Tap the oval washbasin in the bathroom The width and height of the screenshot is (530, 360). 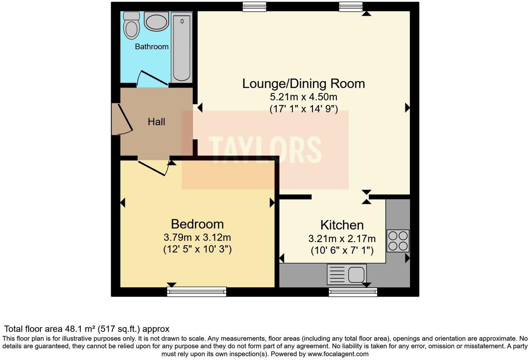tap(156, 22)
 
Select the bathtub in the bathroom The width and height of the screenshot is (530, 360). tap(182, 47)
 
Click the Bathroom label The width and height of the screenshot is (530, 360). tap(152, 46)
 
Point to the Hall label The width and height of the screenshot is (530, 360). tap(156, 122)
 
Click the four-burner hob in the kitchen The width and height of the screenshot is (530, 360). tap(398, 241)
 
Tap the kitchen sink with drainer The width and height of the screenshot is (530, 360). tap(347, 274)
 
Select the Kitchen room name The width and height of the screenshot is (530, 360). tap(342, 225)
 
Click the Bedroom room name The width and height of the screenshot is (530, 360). tap(197, 224)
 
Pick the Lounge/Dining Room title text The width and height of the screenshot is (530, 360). tap(303, 84)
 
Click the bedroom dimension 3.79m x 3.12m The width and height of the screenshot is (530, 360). tap(197, 238)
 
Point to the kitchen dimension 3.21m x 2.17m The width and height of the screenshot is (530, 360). tap(342, 239)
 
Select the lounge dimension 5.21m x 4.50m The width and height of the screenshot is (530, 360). tap(303, 97)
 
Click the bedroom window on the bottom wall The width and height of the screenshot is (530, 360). tap(197, 292)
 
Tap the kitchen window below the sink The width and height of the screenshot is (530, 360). tap(353, 292)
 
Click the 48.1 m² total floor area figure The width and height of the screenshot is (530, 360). tap(80, 329)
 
